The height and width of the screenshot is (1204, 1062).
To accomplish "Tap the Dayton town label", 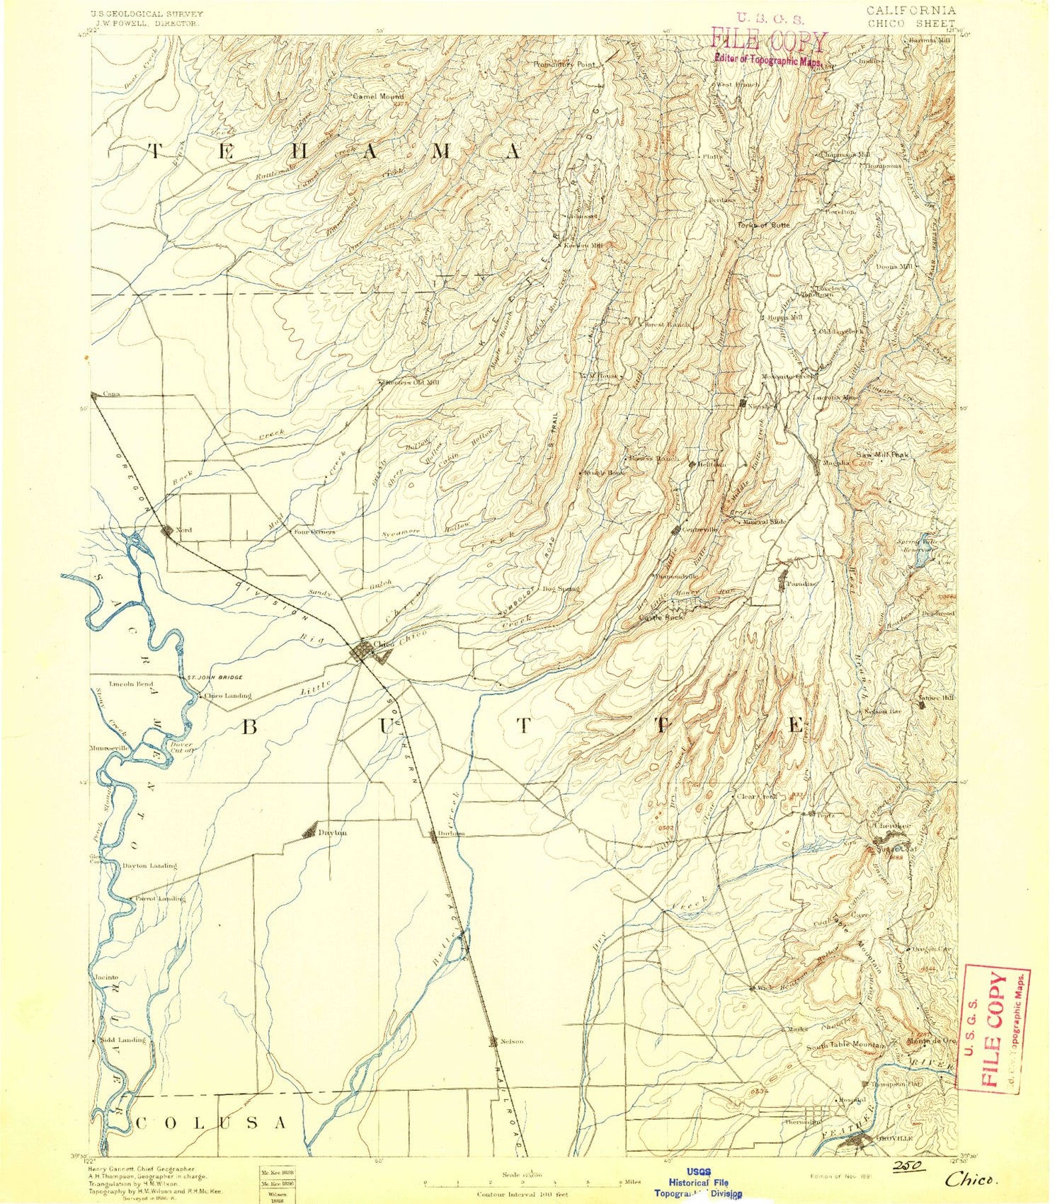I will coord(332,832).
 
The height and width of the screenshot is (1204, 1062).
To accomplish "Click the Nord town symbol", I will coord(167,530).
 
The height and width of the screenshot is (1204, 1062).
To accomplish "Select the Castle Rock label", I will coord(661,617).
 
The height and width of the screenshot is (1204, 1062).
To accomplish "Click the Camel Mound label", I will coord(379,96).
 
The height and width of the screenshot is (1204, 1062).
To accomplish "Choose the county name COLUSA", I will coord(211,1123).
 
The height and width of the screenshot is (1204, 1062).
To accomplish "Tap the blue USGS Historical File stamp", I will coord(698,1183).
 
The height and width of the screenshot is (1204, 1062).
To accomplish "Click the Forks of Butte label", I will coord(763,225).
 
